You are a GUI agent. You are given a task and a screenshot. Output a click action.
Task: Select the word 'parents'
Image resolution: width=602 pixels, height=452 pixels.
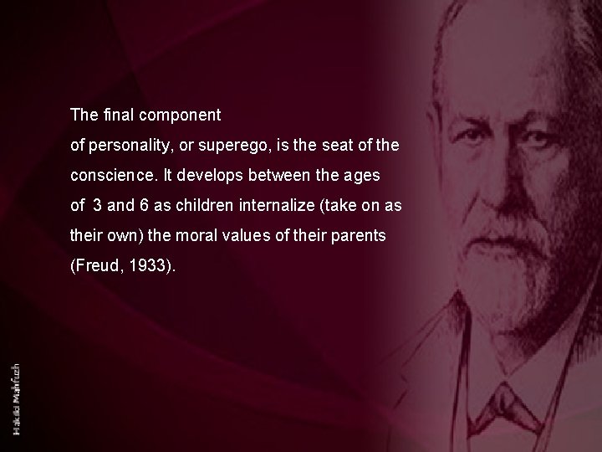point(360,236)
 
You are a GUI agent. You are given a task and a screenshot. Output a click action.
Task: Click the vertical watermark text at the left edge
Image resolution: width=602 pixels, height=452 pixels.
point(18,388)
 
